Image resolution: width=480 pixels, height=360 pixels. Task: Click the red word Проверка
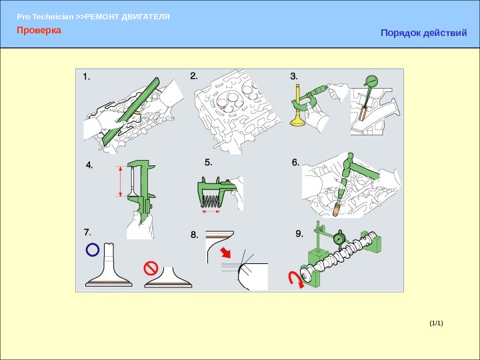point(39,30)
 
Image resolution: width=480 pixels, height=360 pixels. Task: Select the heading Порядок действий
point(424,33)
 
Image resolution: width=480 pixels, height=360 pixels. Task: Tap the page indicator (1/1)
point(436,323)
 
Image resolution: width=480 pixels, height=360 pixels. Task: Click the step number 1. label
point(87,77)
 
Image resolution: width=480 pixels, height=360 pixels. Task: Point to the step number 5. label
point(209,162)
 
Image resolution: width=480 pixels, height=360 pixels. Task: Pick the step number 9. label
point(299,233)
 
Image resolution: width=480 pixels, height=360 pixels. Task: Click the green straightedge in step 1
point(131,111)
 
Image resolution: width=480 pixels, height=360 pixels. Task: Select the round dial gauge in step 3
point(371,81)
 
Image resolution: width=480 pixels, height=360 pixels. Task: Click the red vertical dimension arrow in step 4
point(120,181)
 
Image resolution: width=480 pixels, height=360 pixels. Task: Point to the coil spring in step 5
point(211,201)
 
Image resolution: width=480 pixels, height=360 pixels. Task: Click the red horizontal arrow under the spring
point(211,211)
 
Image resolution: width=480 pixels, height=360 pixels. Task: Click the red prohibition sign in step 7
point(151,268)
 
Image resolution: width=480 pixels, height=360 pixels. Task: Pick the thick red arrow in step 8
point(226,253)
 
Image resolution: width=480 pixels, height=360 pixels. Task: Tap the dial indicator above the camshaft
point(339,238)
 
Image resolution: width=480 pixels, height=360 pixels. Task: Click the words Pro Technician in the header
point(45,17)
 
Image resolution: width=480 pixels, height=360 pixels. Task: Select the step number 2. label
point(194,76)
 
